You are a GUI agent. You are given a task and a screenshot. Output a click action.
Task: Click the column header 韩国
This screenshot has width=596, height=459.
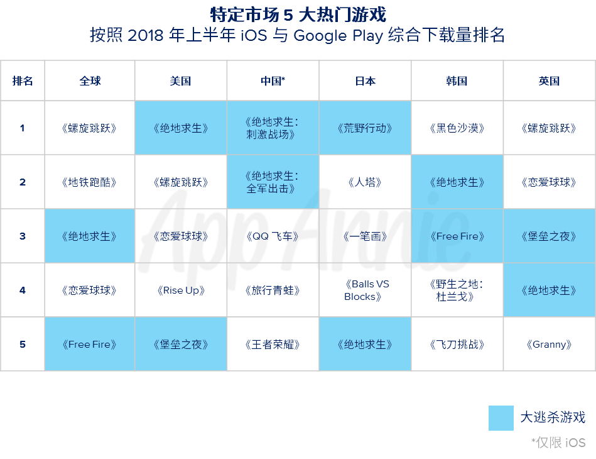[x=457, y=81]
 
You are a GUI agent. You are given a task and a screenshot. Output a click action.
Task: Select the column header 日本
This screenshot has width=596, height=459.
[x=366, y=81]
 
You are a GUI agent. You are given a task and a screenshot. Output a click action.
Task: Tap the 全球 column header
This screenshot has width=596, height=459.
[x=90, y=81]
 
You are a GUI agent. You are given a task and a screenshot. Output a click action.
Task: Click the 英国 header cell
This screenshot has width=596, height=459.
[x=549, y=81]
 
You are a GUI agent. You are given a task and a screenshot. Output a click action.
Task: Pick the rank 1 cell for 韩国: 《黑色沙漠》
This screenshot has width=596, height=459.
[x=457, y=128]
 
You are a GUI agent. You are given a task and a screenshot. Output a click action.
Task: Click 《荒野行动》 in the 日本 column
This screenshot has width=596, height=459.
[x=366, y=128]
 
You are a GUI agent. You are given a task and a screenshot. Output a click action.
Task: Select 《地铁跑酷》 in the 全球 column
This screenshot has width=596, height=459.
[x=90, y=182]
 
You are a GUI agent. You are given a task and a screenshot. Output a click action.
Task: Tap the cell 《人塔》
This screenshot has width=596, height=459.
[x=366, y=182]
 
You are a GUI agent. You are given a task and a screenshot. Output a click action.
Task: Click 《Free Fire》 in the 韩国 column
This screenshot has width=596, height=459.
[x=457, y=236]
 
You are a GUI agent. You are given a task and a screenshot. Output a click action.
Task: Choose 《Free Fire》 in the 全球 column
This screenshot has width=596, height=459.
[x=90, y=345]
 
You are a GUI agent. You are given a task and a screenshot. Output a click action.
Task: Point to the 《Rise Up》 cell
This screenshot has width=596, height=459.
[x=181, y=290]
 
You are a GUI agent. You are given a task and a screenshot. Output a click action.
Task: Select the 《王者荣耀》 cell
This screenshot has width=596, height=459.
[x=273, y=345]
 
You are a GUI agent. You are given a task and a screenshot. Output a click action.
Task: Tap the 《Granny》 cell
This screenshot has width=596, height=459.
[x=549, y=345]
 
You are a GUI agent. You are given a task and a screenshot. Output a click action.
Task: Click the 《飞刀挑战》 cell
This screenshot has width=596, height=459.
[x=457, y=345]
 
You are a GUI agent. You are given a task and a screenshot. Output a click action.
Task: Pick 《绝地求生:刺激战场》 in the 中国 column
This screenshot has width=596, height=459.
[x=273, y=128]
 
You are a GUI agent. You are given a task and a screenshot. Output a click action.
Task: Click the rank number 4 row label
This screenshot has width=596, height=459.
[x=23, y=290]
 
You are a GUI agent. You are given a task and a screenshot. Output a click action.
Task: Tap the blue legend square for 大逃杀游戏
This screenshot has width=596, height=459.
[x=501, y=418]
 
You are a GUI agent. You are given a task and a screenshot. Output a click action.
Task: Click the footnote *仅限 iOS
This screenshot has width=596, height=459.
[x=558, y=443]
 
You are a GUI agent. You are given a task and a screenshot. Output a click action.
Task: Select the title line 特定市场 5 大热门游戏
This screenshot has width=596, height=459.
[x=297, y=14]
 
